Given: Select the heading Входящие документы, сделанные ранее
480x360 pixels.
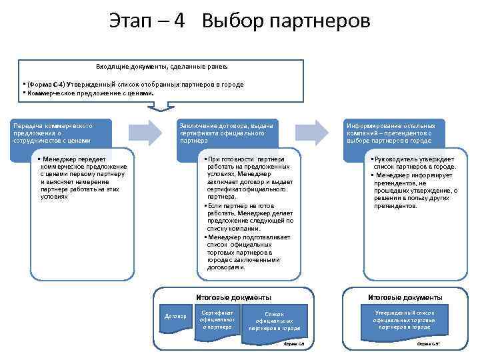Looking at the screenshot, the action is click(x=161, y=67).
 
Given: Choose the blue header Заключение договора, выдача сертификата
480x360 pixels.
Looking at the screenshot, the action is click(x=227, y=133).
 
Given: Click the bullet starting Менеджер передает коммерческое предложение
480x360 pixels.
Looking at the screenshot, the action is click(x=83, y=178).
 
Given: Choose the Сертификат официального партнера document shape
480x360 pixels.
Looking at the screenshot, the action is click(x=217, y=319).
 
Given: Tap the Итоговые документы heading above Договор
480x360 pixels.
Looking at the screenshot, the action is click(x=233, y=297).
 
